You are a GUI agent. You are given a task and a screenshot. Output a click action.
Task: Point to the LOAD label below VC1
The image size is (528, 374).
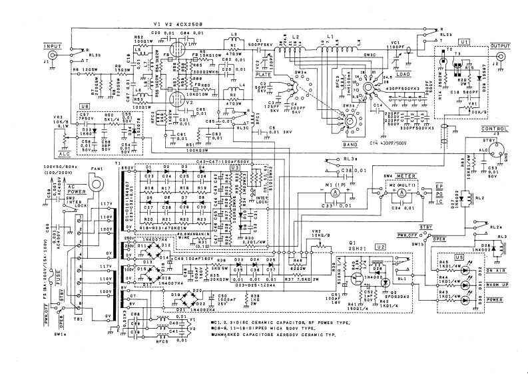(x=403, y=75)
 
